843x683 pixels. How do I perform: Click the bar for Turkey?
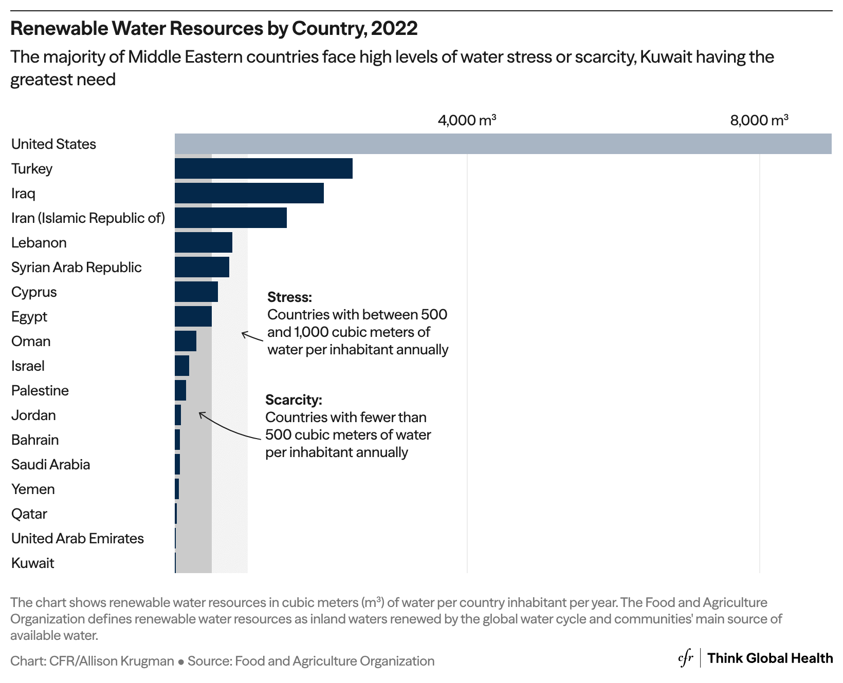(263, 168)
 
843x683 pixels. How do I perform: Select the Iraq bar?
(249, 193)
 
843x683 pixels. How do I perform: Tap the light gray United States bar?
(503, 144)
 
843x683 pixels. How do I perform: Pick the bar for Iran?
(230, 218)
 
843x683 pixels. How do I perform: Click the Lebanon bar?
(203, 242)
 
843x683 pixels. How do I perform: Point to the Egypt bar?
(193, 316)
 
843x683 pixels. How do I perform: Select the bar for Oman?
(185, 341)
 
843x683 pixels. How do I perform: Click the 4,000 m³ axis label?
(466, 120)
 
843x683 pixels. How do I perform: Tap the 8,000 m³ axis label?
(759, 120)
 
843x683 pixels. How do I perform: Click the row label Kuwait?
(32, 563)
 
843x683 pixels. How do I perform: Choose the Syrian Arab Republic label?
(76, 268)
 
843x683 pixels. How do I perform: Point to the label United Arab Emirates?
(77, 539)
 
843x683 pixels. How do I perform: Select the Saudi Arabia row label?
(50, 465)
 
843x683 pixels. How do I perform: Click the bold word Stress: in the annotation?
(289, 297)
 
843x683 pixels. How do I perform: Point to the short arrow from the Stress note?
(252, 336)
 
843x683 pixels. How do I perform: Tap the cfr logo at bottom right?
(685, 659)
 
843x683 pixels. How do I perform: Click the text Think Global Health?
(769, 658)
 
